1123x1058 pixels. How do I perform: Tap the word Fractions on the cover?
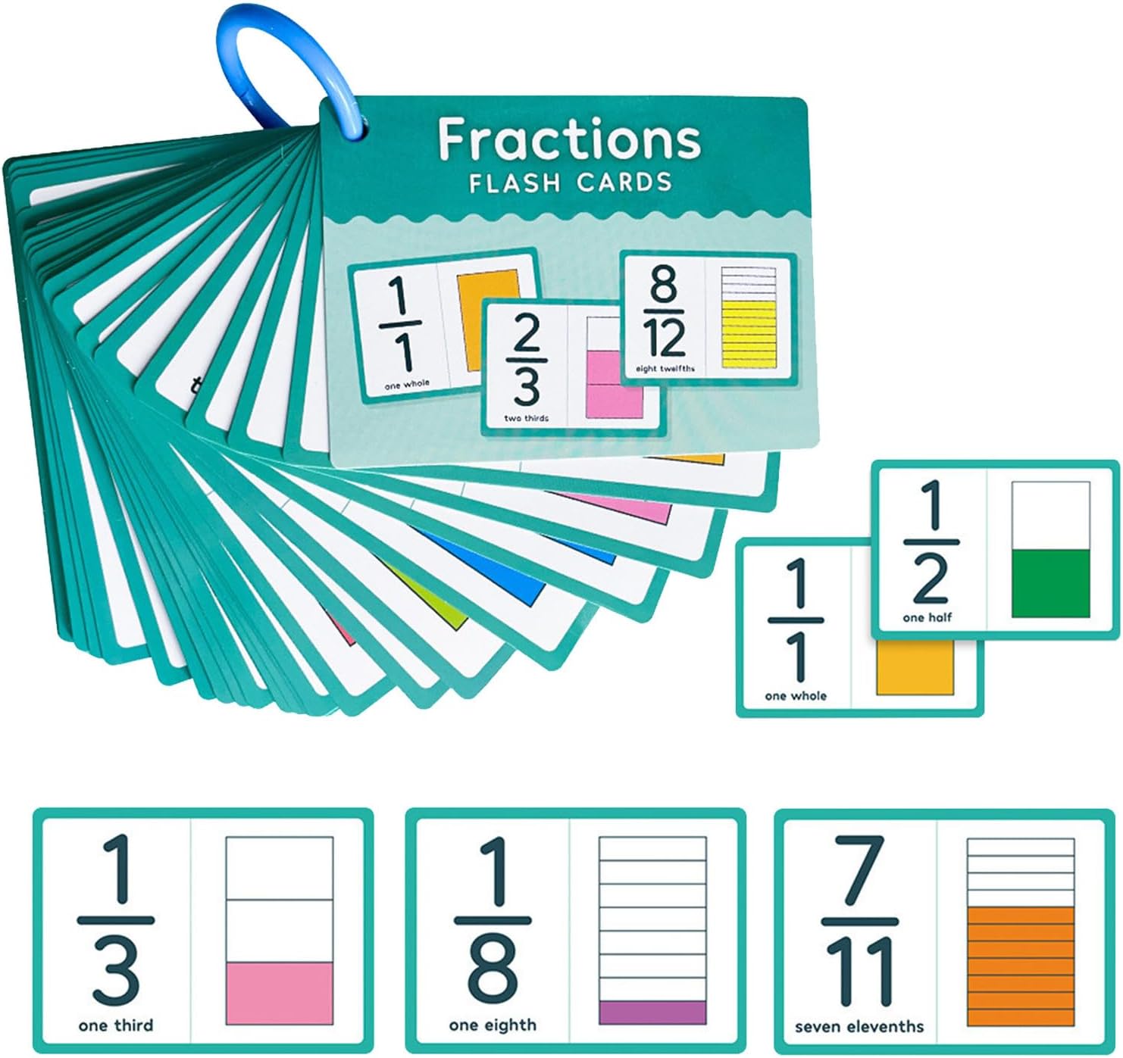[569, 139]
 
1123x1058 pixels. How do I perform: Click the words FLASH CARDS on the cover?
[570, 183]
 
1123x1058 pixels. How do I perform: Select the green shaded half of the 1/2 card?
[1050, 582]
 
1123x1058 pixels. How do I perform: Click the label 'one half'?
[927, 617]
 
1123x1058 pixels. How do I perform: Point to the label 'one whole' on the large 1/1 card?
[796, 695]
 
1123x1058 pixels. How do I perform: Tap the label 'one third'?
[116, 1025]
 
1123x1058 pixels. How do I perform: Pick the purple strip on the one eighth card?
[652, 1013]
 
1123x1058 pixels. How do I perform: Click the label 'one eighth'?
[493, 1025]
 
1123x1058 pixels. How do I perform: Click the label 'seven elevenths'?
[859, 1027]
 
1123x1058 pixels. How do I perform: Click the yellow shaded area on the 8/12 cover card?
[749, 335]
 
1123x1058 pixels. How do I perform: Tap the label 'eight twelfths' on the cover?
[665, 369]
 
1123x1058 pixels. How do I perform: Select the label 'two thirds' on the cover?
[527, 418]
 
